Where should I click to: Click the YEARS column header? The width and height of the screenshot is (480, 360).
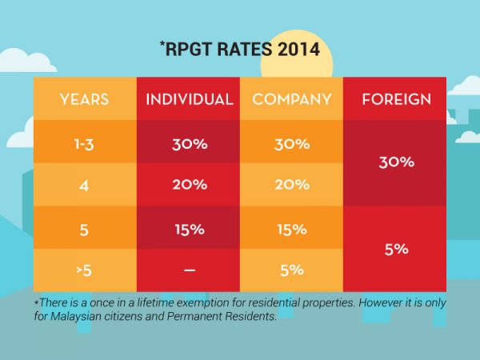[84, 100]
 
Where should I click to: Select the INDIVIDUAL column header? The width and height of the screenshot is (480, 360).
[189, 100]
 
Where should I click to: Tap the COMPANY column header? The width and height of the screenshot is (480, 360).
[291, 100]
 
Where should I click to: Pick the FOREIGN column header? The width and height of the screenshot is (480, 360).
[396, 100]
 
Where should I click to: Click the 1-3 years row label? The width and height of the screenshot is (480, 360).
[84, 145]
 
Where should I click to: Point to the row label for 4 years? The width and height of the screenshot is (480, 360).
[84, 184]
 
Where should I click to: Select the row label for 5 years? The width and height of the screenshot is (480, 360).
[84, 229]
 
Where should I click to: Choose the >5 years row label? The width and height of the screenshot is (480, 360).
[84, 270]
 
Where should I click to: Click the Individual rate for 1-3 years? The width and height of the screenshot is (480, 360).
[189, 145]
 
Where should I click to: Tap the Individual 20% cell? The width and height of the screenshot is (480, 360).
[189, 184]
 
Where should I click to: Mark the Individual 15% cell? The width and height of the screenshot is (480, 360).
[189, 229]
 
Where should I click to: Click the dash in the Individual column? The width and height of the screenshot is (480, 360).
[189, 270]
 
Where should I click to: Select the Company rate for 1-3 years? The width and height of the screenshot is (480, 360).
[291, 145]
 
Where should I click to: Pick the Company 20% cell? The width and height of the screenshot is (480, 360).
[291, 184]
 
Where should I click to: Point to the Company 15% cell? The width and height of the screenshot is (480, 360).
[291, 229]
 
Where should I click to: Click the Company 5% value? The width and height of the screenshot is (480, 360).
[291, 270]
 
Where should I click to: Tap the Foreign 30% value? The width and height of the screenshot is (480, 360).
[396, 162]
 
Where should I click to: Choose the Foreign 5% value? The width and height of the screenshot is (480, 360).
[396, 249]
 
